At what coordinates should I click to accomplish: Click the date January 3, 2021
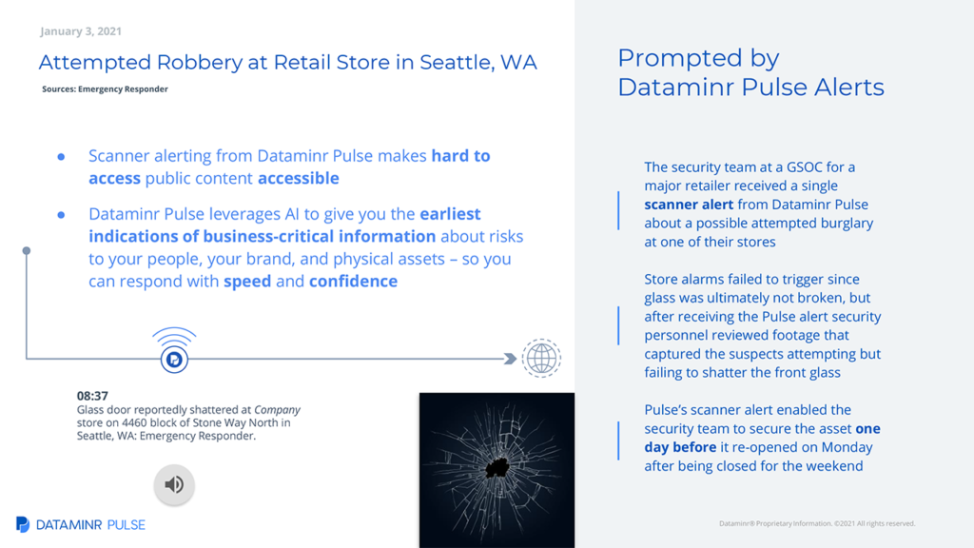coord(81,31)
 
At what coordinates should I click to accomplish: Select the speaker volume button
coord(174,484)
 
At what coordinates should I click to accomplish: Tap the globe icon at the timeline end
coord(541,358)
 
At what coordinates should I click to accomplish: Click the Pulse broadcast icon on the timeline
coord(174,350)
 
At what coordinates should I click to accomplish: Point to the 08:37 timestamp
coord(92,396)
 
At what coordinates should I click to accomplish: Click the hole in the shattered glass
coord(497,466)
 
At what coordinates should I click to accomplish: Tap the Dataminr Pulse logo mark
coord(23,524)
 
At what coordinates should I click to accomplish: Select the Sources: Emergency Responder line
coord(105,88)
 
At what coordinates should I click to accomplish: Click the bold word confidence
coord(354,281)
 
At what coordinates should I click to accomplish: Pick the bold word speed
coord(247,282)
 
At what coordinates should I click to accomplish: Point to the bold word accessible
coord(298,178)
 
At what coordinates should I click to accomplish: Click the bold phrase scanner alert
coord(689,205)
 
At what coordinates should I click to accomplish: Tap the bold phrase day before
coord(680,447)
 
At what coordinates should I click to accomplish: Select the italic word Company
coord(277,410)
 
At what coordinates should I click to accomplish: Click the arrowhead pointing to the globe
coord(510,359)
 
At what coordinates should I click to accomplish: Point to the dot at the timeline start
coord(26,251)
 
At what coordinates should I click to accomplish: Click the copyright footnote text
coord(817,524)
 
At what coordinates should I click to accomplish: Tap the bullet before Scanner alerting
coord(61,157)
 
